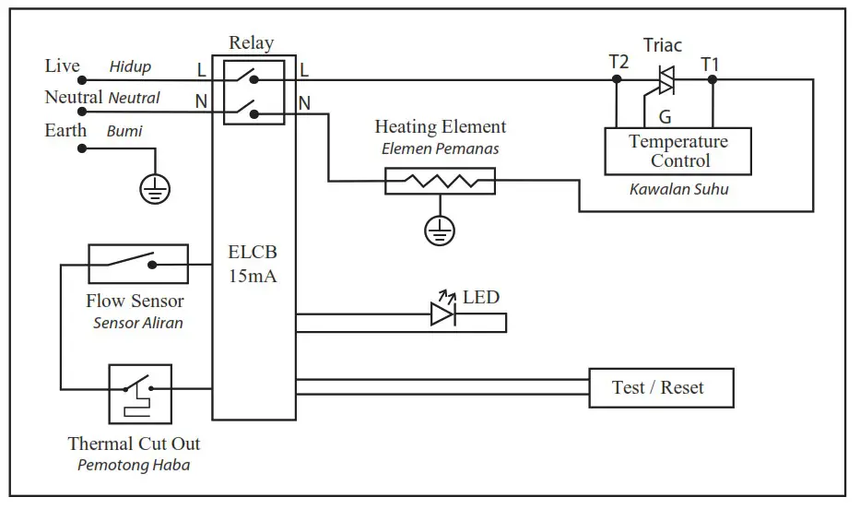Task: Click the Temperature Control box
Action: (677, 151)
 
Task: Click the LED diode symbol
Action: (442, 314)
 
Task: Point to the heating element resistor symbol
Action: (440, 181)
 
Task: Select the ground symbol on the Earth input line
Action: (154, 190)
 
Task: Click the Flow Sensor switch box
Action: (137, 264)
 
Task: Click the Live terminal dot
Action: (81, 79)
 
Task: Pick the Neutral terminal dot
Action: (81, 112)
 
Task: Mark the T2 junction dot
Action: (618, 79)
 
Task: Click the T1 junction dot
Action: (711, 79)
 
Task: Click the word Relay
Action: (251, 43)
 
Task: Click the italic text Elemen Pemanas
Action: (440, 148)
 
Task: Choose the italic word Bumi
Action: (124, 131)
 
